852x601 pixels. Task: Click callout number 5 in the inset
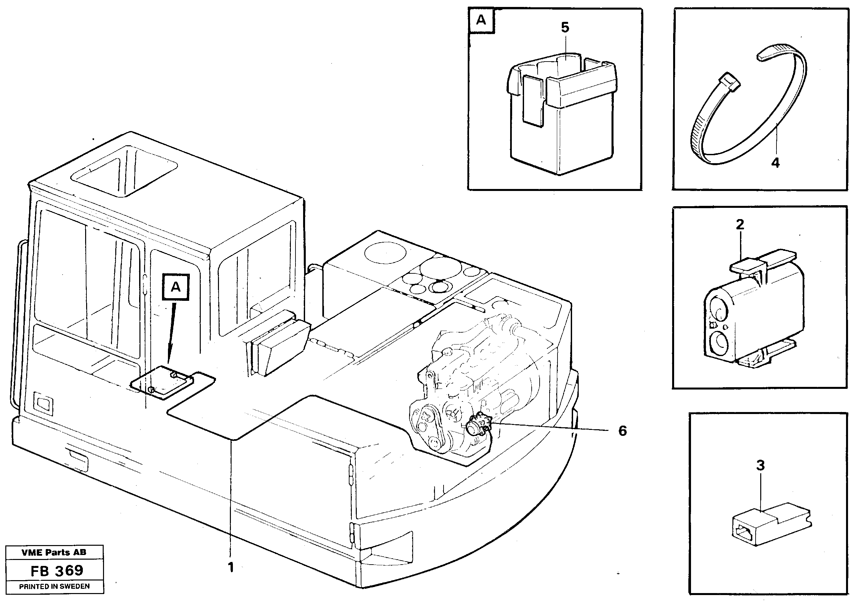[x=565, y=27]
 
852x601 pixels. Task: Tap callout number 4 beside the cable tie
[x=775, y=162]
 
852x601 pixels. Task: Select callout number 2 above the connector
[x=740, y=224]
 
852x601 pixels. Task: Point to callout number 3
[x=760, y=465]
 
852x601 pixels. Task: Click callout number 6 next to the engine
[x=622, y=431]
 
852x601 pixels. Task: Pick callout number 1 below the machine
[x=231, y=567]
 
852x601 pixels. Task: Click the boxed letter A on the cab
[x=176, y=287]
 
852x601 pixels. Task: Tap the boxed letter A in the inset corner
[x=481, y=20]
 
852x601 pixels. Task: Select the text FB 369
[x=57, y=571]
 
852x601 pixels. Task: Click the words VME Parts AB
[x=54, y=552]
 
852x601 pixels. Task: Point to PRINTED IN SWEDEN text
[x=54, y=586]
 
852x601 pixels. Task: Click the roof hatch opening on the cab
[x=124, y=170]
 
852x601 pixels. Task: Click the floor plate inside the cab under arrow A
[x=163, y=382]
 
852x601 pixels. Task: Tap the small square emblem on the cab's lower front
[x=43, y=403]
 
